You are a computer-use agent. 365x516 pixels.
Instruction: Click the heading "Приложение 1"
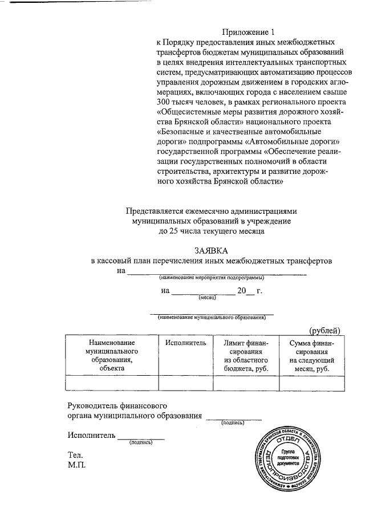(x=248, y=32)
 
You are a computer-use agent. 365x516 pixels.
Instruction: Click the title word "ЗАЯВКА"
(x=211, y=250)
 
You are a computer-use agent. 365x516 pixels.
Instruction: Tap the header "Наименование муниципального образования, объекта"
(x=112, y=355)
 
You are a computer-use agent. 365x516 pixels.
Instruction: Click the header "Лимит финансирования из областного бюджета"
(x=246, y=355)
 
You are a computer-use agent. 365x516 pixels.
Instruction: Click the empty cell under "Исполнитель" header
(x=185, y=383)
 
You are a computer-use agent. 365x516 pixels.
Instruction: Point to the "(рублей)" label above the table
(x=325, y=330)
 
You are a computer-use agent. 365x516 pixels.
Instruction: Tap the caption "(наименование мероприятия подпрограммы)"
(x=211, y=278)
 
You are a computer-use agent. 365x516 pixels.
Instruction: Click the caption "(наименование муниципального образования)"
(x=212, y=317)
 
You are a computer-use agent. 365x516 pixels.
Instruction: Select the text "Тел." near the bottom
(x=75, y=455)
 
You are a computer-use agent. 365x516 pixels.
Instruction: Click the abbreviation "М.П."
(x=76, y=465)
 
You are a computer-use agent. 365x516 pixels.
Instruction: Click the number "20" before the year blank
(x=243, y=291)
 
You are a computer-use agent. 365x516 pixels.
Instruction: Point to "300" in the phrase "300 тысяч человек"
(x=165, y=101)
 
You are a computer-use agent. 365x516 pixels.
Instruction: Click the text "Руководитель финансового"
(x=117, y=405)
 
